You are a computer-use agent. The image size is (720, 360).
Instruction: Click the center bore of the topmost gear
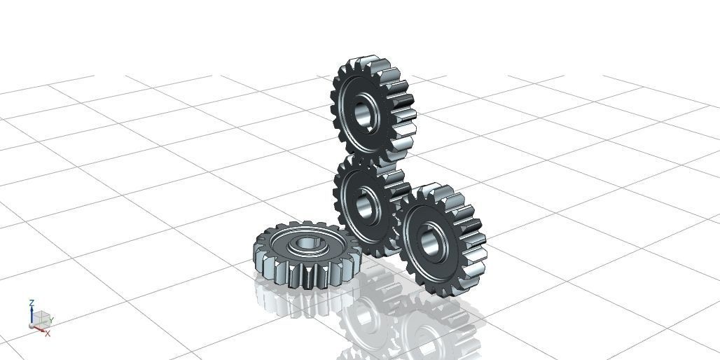[x=364, y=113]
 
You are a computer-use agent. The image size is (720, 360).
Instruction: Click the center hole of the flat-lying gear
[x=305, y=244]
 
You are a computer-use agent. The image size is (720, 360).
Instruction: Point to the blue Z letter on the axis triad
[x=32, y=303]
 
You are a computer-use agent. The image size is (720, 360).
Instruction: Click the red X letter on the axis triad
[x=47, y=333]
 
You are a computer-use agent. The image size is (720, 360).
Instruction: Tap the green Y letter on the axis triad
[x=51, y=321]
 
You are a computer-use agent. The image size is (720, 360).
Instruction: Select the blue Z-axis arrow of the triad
[x=32, y=316]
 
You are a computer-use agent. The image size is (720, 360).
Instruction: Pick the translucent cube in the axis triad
[x=42, y=318]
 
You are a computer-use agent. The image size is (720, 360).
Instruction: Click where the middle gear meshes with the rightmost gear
[x=399, y=210]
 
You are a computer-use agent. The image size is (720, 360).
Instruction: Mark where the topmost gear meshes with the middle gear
[x=371, y=160]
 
